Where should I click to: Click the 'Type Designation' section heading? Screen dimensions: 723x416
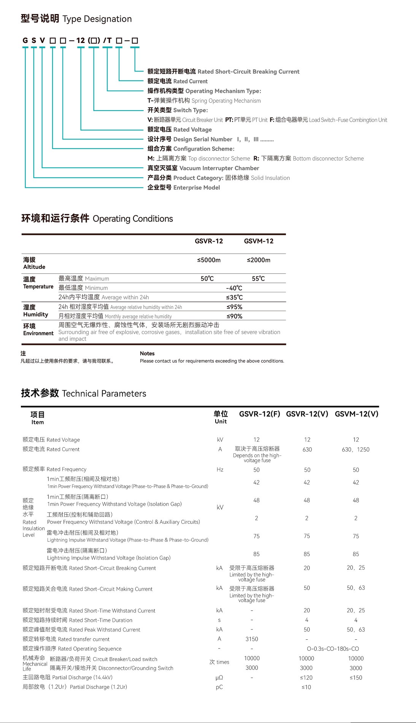point(76,19)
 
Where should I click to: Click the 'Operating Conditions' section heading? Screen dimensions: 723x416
point(97,219)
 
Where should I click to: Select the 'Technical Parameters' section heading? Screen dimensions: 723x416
point(83,393)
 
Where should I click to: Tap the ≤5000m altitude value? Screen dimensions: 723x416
point(209,260)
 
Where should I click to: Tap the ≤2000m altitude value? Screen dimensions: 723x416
point(259,260)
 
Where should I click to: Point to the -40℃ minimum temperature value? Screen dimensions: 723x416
point(234,288)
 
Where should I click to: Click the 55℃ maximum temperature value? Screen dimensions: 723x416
point(258,278)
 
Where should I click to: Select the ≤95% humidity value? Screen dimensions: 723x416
point(234,307)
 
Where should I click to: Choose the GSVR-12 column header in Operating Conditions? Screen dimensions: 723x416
point(209,241)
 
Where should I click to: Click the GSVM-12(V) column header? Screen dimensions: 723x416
point(356,414)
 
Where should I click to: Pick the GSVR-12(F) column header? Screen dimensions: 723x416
point(259,414)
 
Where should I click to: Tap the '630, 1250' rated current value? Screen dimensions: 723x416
point(356,450)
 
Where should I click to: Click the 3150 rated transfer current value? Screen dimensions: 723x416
point(252,639)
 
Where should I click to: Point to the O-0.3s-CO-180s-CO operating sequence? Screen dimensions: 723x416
point(333,649)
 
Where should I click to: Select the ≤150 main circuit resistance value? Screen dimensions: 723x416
point(356,677)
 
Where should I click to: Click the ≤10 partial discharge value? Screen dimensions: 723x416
point(306,687)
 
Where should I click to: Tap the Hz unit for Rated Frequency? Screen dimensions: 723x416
point(220,470)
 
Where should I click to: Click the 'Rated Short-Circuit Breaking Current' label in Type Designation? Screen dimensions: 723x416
point(223,72)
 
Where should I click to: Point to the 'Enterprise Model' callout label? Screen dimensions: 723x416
point(184,188)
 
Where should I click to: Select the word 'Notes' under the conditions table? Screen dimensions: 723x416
point(147,353)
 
